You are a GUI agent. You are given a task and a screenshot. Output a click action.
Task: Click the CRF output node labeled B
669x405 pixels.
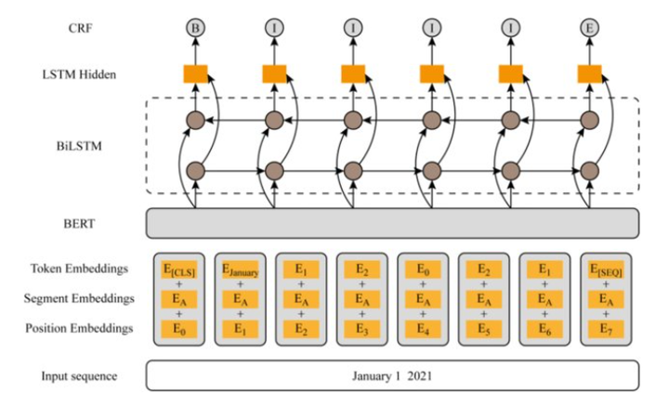pyautogui.click(x=195, y=29)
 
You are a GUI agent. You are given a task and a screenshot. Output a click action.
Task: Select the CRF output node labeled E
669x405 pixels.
pyautogui.click(x=589, y=29)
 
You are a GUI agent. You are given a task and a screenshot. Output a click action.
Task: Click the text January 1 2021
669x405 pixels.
pyautogui.click(x=392, y=376)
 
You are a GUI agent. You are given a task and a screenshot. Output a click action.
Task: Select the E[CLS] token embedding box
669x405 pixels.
pyautogui.click(x=179, y=269)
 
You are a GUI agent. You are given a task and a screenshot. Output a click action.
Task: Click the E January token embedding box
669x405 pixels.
pyautogui.click(x=241, y=270)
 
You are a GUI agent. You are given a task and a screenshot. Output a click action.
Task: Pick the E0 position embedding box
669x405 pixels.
pyautogui.click(x=179, y=328)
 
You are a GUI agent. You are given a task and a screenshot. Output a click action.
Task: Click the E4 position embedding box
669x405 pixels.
pyautogui.click(x=423, y=328)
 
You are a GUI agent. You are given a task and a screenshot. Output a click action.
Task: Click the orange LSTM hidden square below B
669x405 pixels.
pyautogui.click(x=195, y=73)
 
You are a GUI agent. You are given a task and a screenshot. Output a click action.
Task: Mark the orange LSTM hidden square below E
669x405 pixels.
pyautogui.click(x=589, y=73)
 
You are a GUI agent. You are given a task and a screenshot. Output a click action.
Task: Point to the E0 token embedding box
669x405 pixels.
pyautogui.click(x=423, y=269)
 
